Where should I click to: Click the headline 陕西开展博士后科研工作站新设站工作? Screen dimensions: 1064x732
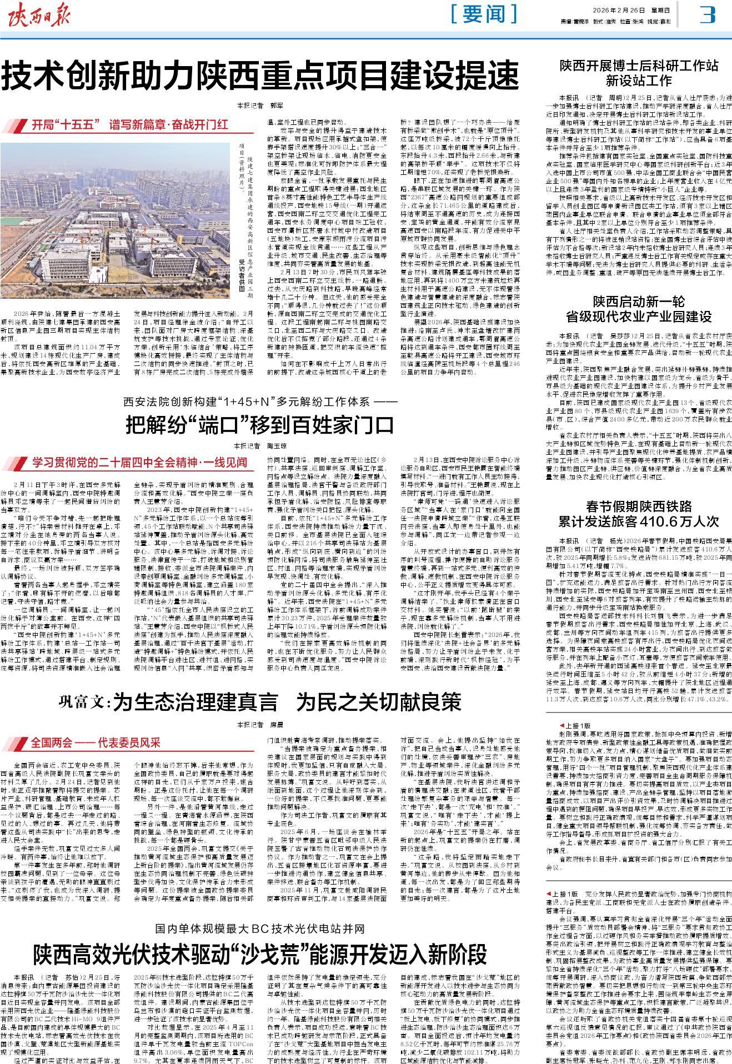tap(639, 74)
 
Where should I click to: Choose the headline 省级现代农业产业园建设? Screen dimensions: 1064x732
tap(639, 317)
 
